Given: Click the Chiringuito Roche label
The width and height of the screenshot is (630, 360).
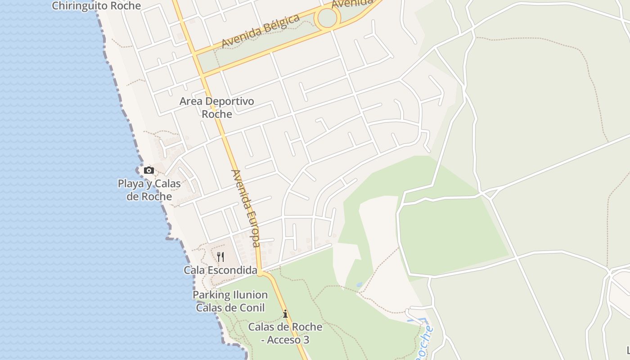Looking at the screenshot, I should (x=96, y=6).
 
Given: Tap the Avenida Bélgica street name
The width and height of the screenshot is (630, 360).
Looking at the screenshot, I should (x=261, y=31).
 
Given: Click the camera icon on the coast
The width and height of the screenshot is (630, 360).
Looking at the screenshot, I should (x=149, y=171).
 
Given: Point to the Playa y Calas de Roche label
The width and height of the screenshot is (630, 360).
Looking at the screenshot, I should (x=149, y=190).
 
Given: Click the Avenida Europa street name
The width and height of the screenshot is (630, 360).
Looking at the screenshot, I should (x=246, y=208).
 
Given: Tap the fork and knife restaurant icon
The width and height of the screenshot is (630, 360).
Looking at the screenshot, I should (x=220, y=257).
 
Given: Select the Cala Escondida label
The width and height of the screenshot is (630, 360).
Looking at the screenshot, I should (x=220, y=270).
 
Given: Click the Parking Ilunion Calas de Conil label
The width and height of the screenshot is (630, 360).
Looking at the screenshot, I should (x=230, y=301).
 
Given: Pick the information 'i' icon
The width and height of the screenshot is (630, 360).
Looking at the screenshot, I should (x=285, y=314).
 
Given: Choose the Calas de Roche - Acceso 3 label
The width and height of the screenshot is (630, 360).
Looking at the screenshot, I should (x=285, y=333).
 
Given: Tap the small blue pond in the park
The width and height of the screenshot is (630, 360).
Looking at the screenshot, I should (x=359, y=285).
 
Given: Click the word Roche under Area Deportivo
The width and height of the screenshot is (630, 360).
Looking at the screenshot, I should (x=217, y=114).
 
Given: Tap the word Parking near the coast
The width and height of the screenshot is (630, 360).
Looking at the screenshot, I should (x=211, y=295).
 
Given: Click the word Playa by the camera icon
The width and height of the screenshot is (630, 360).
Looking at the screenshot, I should (x=130, y=184).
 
